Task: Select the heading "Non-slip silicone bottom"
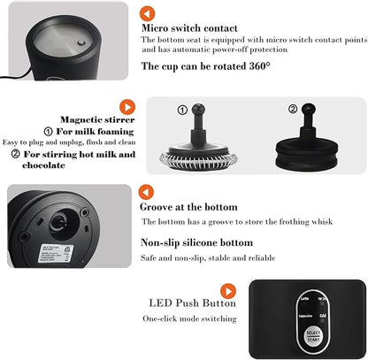point(196,242)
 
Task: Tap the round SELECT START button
point(311,337)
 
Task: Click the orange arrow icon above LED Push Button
point(228,290)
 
